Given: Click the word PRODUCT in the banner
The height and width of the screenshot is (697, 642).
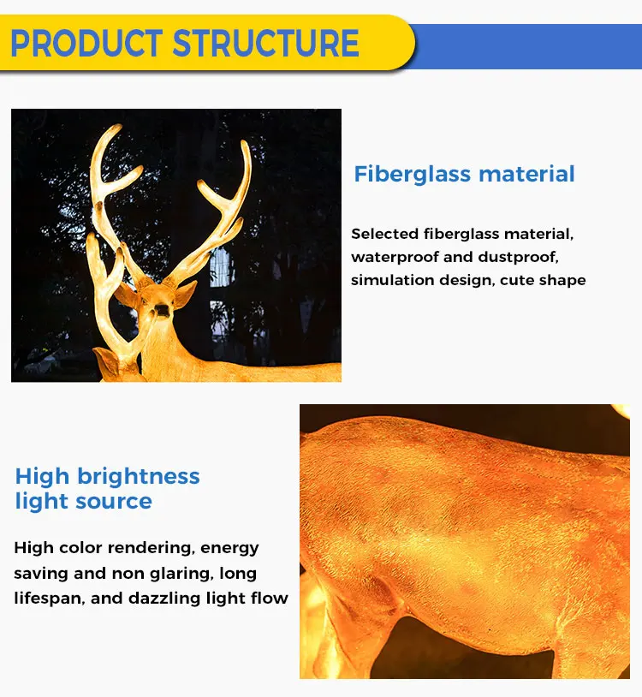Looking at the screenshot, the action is pyautogui.click(x=86, y=43).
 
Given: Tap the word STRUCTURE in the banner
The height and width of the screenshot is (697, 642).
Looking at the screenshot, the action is pyautogui.click(x=265, y=43).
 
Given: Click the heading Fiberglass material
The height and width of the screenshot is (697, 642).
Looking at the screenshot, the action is pyautogui.click(x=464, y=174).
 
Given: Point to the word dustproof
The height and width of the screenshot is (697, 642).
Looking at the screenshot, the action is pyautogui.click(x=518, y=258).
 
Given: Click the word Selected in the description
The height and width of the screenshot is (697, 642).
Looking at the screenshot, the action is pyautogui.click(x=384, y=234).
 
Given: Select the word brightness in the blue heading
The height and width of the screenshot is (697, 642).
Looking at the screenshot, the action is pyautogui.click(x=139, y=477).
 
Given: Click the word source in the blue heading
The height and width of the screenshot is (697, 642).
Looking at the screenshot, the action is pyautogui.click(x=114, y=502).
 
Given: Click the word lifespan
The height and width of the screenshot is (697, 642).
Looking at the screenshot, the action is pyautogui.click(x=49, y=599).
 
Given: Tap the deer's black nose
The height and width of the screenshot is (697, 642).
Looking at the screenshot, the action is pyautogui.click(x=162, y=309).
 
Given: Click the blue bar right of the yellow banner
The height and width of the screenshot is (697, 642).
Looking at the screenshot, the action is pyautogui.click(x=526, y=46).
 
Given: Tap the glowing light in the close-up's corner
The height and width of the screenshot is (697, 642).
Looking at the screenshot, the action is pyautogui.click(x=621, y=411).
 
